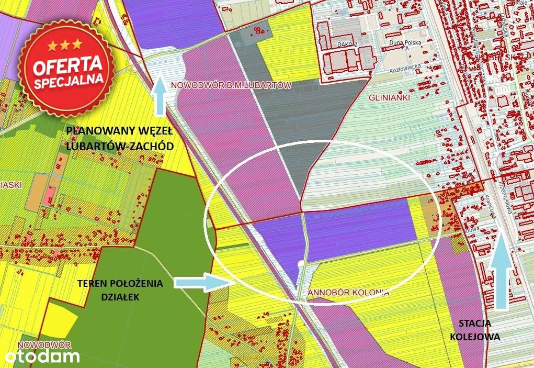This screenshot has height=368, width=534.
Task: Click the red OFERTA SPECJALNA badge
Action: pyautogui.click(x=67, y=66)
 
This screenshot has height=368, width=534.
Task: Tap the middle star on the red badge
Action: pyautogui.click(x=65, y=44)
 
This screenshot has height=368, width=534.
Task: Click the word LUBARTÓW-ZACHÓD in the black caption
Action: pyautogui.click(x=120, y=147)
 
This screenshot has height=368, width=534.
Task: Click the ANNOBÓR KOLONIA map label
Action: pyautogui.click(x=348, y=293)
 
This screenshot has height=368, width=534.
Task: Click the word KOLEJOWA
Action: pyautogui.click(x=475, y=337)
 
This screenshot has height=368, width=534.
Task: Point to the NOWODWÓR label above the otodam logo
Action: pyautogui.click(x=44, y=345)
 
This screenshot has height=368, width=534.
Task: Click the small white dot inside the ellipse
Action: pyautogui.click(x=300, y=263)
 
